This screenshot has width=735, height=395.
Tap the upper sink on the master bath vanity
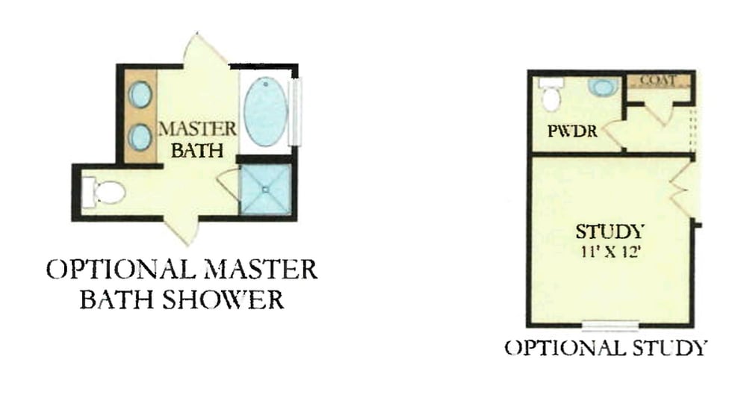[x=140, y=94]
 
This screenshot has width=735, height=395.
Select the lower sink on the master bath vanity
[x=140, y=136]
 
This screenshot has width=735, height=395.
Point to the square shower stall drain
[x=265, y=190]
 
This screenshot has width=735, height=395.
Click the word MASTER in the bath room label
[x=197, y=129]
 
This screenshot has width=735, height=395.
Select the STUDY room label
[x=610, y=232]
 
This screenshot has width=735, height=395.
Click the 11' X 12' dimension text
[x=610, y=252]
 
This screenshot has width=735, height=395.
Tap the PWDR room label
[x=572, y=131]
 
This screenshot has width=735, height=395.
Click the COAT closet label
[x=659, y=81]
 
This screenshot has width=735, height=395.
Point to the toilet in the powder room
[x=551, y=95]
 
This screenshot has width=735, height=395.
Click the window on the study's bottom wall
[x=610, y=323]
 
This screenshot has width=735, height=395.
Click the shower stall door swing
[x=229, y=186]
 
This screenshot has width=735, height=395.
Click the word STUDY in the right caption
[x=670, y=348]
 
